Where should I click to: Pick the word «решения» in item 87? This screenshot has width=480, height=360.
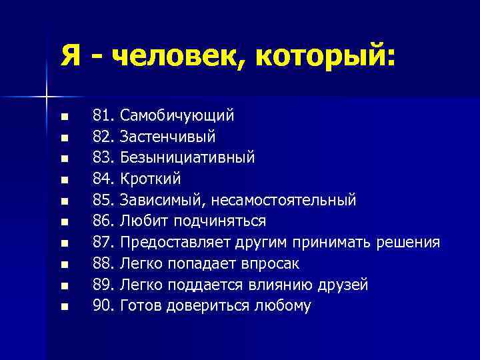(409, 242)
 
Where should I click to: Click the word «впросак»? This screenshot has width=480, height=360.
(275, 263)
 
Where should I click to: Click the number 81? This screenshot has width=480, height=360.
(103, 116)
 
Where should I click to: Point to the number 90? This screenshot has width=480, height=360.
(103, 306)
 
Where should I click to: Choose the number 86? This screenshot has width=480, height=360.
(103, 221)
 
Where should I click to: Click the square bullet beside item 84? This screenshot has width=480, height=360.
(64, 180)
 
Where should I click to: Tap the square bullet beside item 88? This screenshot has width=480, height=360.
(64, 265)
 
